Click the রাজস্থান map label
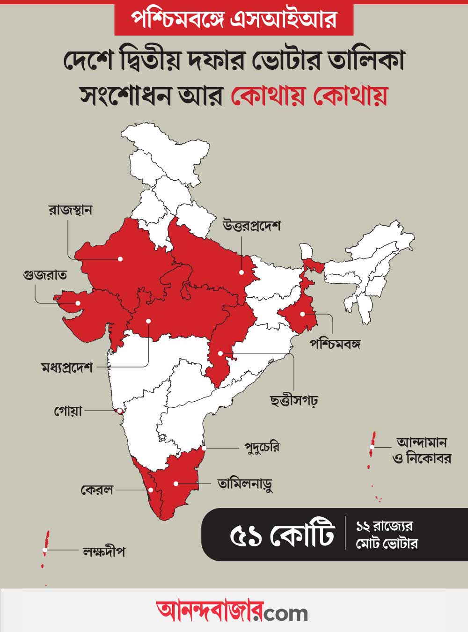coord(70,209)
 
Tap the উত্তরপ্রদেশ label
coord(251,225)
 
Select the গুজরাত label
coord(44,274)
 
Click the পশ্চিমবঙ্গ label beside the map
coord(335,344)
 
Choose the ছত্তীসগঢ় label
coord(294,400)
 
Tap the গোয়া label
coord(68,411)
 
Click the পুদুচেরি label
coord(262,447)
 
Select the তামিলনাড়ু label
coord(245,483)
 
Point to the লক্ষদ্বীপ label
coord(103,551)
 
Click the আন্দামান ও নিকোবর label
coord(422,450)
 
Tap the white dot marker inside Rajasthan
coord(120,258)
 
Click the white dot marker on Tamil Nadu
coord(176,483)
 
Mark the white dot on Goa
coord(119,411)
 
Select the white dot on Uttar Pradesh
coord(241,272)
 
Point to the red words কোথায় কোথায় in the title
coord(309,96)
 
